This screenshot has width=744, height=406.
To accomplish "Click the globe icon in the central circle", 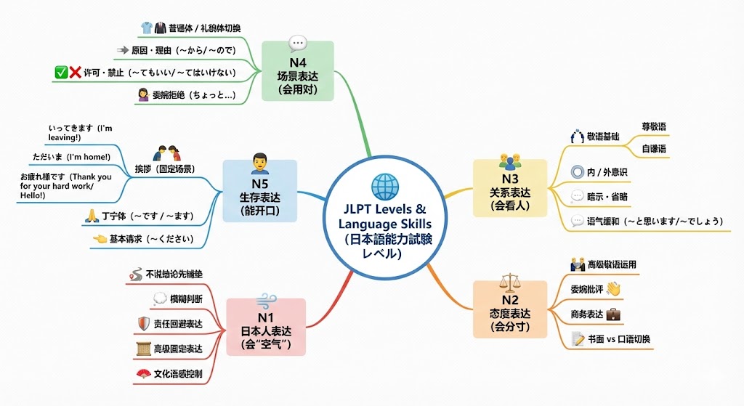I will pos(385,187).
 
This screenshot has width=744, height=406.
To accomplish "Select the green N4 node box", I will pos(297,71).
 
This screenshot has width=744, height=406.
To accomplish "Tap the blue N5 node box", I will pos(259,190).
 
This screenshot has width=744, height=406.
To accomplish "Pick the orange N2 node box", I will pos(510,309).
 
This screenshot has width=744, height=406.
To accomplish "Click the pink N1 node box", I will pos(265,325).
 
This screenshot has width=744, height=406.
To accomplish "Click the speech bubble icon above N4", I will pos(298,44).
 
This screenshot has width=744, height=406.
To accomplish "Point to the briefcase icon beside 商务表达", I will pos(613,314).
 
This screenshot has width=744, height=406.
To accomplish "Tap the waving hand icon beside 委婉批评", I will pos(614,289).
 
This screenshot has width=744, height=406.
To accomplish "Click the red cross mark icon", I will pos(75,73).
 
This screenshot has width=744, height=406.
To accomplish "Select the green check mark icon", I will pos(61,73).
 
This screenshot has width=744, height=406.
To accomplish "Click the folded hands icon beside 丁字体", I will pos(92,215).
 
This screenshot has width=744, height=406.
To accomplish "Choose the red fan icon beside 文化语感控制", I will pos(142,375).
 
